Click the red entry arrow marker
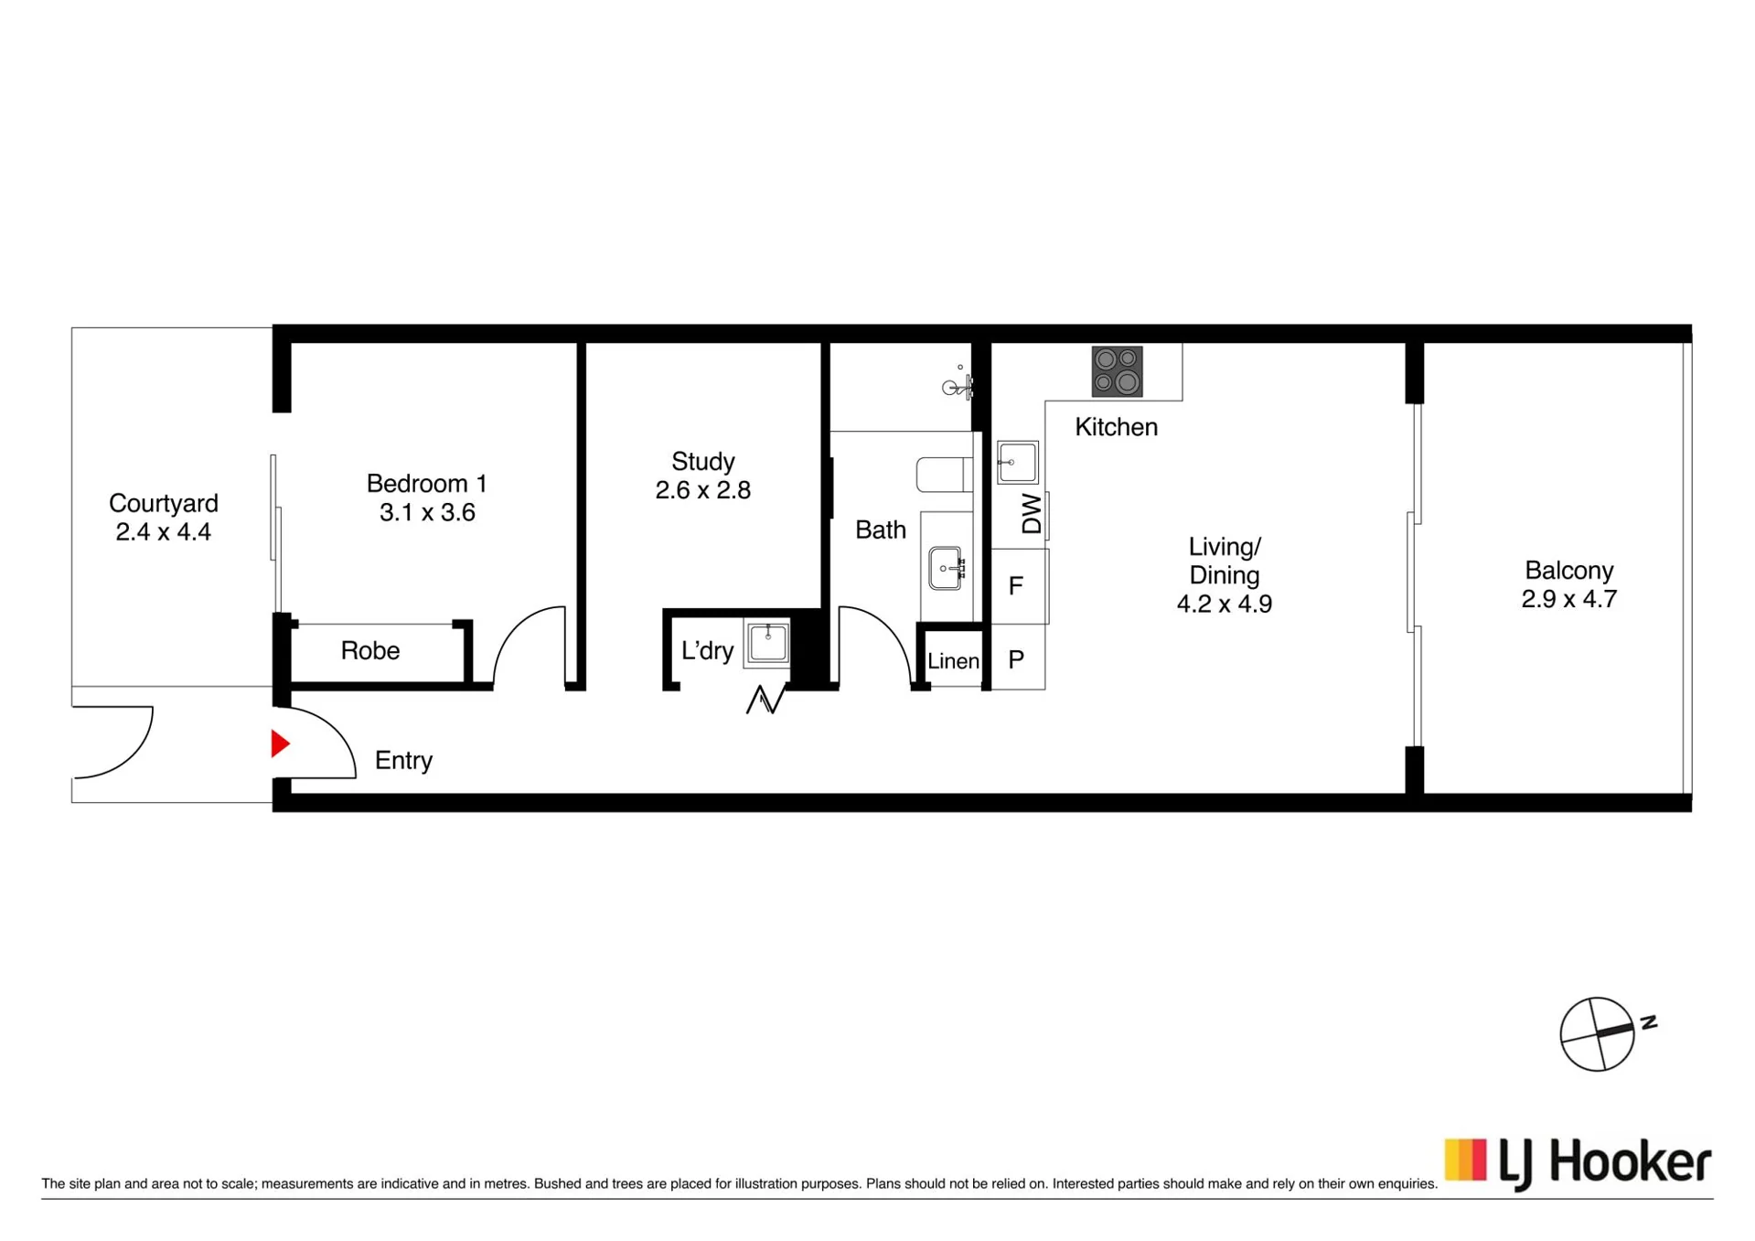[x=280, y=744]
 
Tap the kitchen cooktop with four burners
[x=1117, y=371]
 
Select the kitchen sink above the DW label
[x=1018, y=462]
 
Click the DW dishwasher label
[x=1031, y=514]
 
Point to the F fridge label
[x=1015, y=586]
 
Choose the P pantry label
[x=1015, y=659]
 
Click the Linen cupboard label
[x=953, y=660]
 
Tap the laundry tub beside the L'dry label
[x=767, y=643]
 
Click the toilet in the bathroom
[x=945, y=475]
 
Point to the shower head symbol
[x=957, y=385]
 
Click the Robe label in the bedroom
[x=370, y=650]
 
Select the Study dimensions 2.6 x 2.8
[x=702, y=490]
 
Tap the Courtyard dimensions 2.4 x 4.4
[x=163, y=532]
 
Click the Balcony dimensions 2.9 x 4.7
[x=1568, y=599]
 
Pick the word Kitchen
[x=1116, y=427]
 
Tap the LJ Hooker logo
[x=1577, y=1162]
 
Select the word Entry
[x=403, y=761]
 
